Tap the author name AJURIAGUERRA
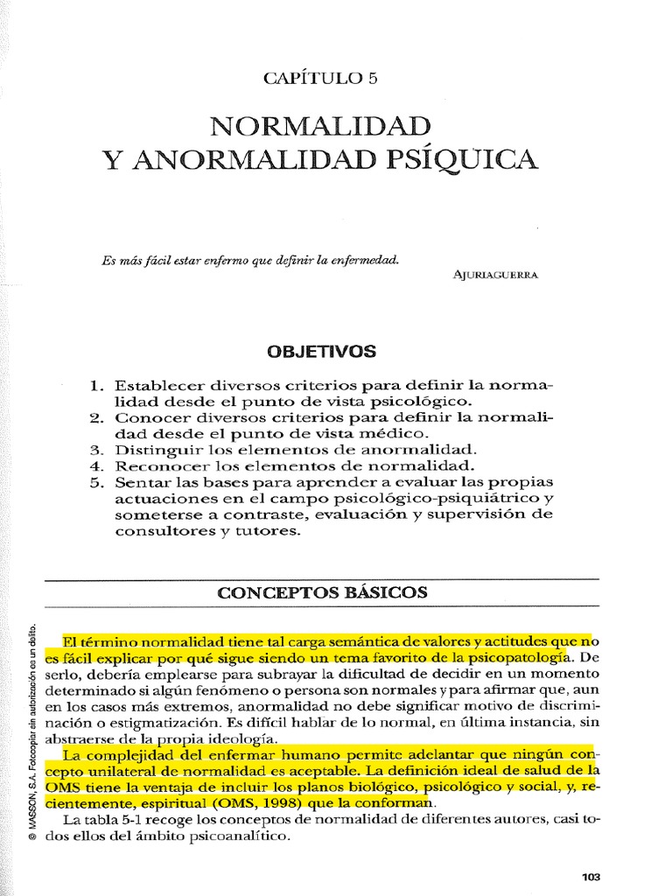click(x=495, y=274)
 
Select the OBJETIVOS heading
click(x=320, y=352)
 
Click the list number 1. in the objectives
click(x=97, y=386)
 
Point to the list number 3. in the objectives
click(x=97, y=450)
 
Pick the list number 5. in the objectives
click(x=97, y=482)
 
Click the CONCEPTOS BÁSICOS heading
click(x=322, y=592)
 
